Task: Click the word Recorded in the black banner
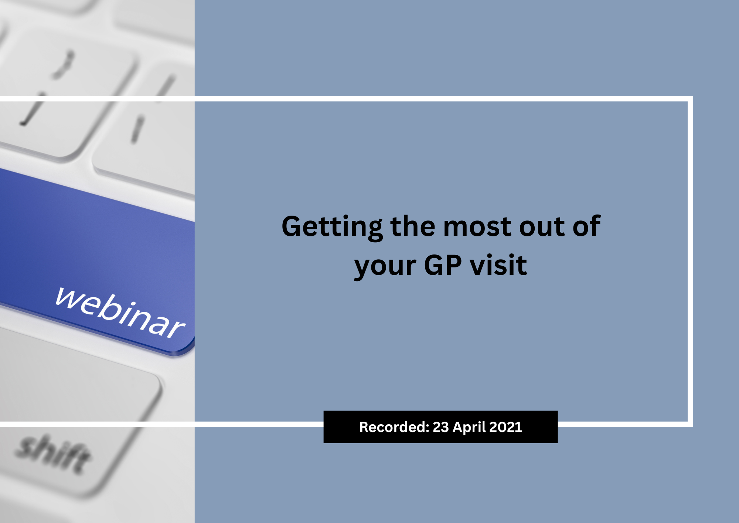pyautogui.click(x=392, y=427)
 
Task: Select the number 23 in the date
pyautogui.click(x=440, y=427)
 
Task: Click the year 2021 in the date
pyautogui.click(x=505, y=427)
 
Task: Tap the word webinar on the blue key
pyautogui.click(x=120, y=313)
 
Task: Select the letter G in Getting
pyautogui.click(x=292, y=226)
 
